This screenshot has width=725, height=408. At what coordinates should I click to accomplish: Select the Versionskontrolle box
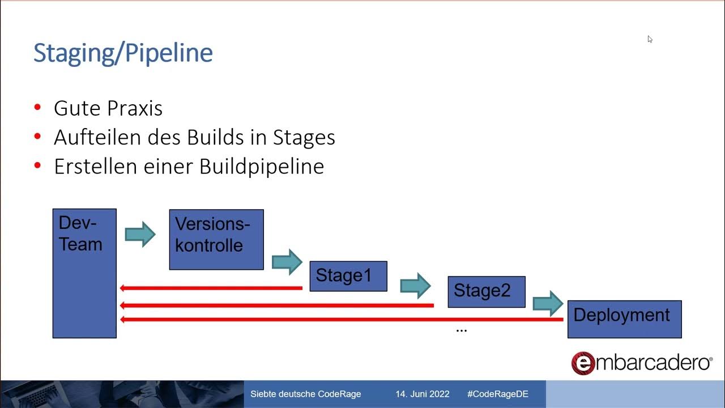(216, 240)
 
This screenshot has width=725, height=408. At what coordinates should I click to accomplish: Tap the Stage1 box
(348, 277)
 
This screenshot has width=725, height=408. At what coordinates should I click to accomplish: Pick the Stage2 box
(486, 292)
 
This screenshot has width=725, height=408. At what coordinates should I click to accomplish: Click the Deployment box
(624, 319)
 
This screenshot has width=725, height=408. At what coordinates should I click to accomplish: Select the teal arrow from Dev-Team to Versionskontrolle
(140, 234)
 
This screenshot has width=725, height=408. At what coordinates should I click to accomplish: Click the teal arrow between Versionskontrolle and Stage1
(287, 262)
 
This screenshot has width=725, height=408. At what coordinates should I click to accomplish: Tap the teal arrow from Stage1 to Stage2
(416, 286)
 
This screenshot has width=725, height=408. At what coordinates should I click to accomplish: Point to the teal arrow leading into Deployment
(548, 304)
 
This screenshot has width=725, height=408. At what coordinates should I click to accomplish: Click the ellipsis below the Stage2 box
(462, 329)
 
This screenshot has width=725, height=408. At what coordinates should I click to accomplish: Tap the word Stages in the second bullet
(304, 137)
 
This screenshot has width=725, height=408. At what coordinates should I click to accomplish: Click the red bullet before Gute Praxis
(38, 107)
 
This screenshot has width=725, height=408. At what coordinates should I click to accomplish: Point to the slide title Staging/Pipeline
(123, 53)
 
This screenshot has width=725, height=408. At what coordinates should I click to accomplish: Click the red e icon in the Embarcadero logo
(583, 363)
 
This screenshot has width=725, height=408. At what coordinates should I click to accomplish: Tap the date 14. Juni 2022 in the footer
(423, 394)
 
